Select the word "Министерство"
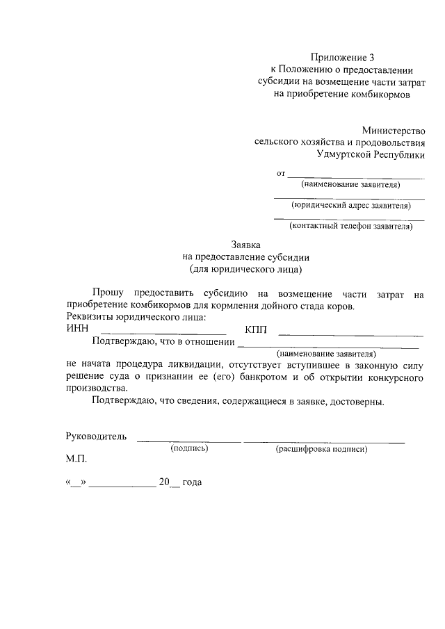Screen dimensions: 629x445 [393, 130]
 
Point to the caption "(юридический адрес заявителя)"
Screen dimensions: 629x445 [349, 205]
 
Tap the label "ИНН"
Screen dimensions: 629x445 [77, 329]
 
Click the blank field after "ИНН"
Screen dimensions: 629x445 [163, 333]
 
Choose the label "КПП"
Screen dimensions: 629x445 [257, 329]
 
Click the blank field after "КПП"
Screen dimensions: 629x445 [355, 333]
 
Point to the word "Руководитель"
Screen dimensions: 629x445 [96, 436]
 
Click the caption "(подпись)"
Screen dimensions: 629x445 [190, 449]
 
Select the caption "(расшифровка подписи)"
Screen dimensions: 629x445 [321, 450]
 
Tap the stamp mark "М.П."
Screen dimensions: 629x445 [77, 460]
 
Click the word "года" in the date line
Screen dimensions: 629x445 [191, 482]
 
